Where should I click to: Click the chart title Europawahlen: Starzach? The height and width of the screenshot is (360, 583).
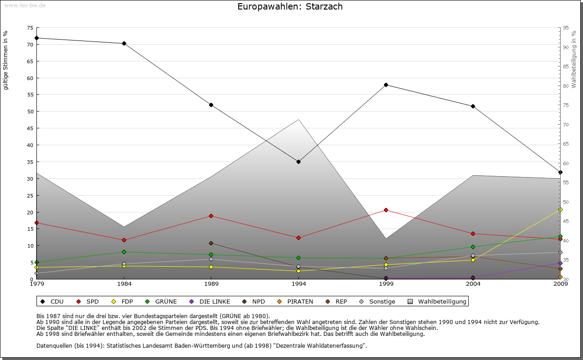(x=290, y=7)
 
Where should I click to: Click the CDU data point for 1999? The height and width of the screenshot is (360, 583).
(x=386, y=85)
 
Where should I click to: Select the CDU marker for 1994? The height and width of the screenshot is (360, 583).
(x=298, y=162)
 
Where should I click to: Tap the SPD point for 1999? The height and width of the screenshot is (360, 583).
(x=386, y=210)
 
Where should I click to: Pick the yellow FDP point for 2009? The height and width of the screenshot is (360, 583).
(x=560, y=209)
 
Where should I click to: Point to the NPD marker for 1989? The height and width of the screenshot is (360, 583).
(x=211, y=243)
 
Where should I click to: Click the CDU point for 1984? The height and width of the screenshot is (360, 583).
(x=124, y=44)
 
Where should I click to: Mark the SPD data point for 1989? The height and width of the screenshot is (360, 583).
(x=211, y=216)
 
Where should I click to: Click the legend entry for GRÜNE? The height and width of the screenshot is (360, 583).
(x=161, y=301)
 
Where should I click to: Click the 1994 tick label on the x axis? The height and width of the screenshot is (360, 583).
(x=298, y=284)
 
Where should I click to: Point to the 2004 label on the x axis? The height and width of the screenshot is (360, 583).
(x=473, y=284)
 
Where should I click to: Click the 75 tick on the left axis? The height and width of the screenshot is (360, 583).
(x=30, y=28)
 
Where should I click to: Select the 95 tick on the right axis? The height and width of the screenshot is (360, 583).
(x=566, y=28)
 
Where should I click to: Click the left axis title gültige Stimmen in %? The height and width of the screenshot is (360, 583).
(x=6, y=60)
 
